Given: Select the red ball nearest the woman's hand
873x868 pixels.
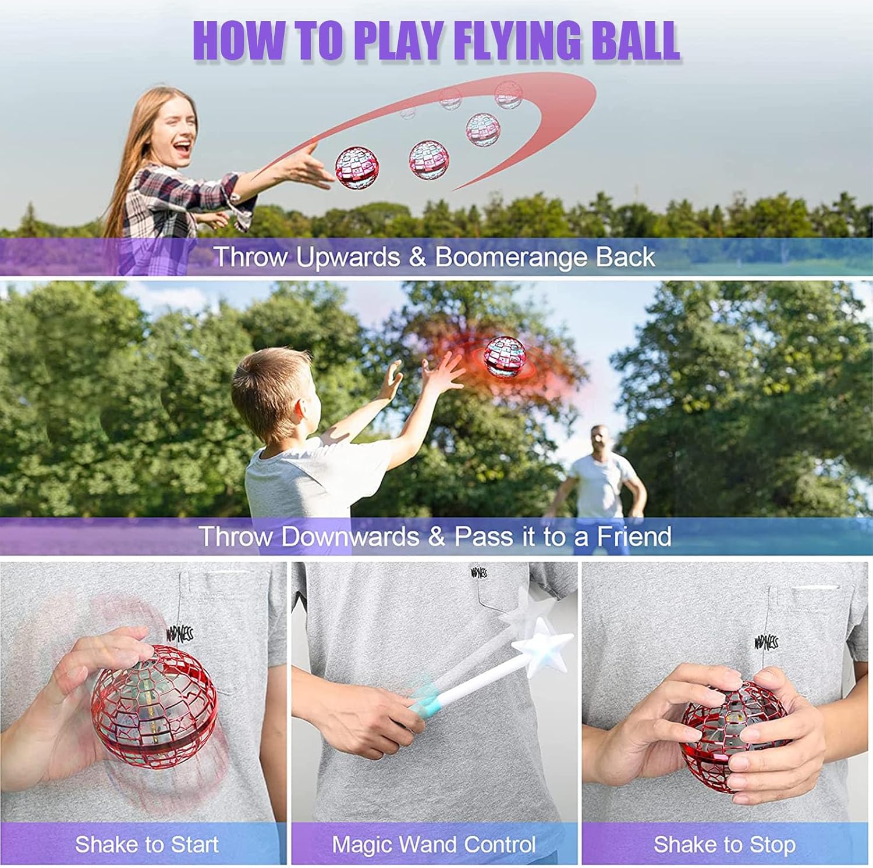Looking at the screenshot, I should coord(357,167).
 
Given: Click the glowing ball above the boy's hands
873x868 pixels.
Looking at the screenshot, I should coord(505,356).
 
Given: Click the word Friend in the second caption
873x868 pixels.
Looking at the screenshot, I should coord(634,536).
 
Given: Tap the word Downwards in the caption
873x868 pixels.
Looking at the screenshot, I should coord(350,536).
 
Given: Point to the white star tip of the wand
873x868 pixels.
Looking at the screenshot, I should coord(541,645).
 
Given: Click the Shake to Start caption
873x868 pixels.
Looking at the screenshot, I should coord(147,844).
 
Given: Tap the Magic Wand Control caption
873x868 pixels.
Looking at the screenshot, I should coord(434,844).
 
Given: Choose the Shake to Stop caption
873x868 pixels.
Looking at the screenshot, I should coord(724,844).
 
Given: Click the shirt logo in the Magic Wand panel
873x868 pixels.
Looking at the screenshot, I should coord(479,573).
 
